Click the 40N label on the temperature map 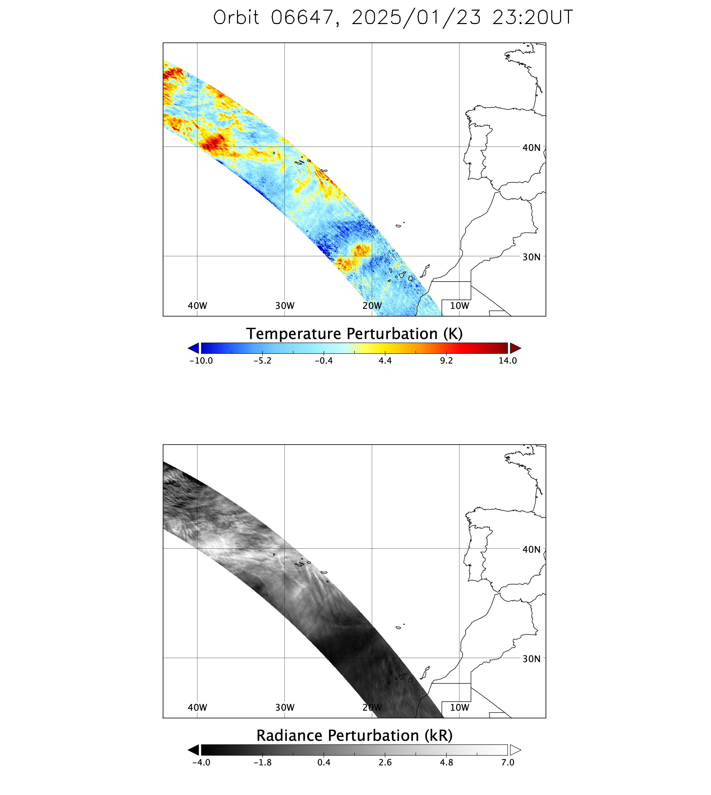pyautogui.click(x=531, y=148)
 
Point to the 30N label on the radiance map pyautogui.click(x=531, y=659)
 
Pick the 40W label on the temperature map pyautogui.click(x=197, y=306)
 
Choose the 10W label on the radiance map pyautogui.click(x=459, y=707)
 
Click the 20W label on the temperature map pyautogui.click(x=372, y=306)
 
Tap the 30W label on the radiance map pyautogui.click(x=285, y=707)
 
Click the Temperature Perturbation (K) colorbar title pyautogui.click(x=354, y=334)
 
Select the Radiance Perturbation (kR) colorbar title pyautogui.click(x=354, y=735)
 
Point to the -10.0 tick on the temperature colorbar pyautogui.click(x=201, y=361)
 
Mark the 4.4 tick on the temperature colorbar pyautogui.click(x=385, y=361)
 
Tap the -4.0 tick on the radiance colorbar pyautogui.click(x=201, y=762)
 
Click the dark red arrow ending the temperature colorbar pyautogui.click(x=515, y=348)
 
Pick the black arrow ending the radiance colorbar pyautogui.click(x=194, y=750)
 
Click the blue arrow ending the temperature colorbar pyautogui.click(x=194, y=348)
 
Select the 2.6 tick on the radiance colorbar pyautogui.click(x=385, y=762)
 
